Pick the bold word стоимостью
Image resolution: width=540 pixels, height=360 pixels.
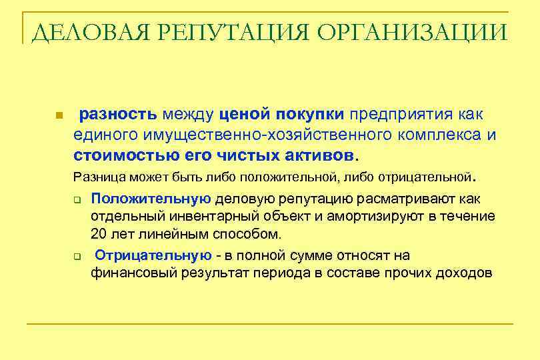[119, 156]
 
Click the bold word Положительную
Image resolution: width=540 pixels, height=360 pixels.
[151, 199]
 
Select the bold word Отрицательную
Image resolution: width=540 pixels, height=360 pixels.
[153, 255]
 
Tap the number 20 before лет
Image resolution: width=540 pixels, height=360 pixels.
[98, 234]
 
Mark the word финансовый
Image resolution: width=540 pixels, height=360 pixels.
[127, 273]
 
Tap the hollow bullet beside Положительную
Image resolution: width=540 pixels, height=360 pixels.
[77, 199]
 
